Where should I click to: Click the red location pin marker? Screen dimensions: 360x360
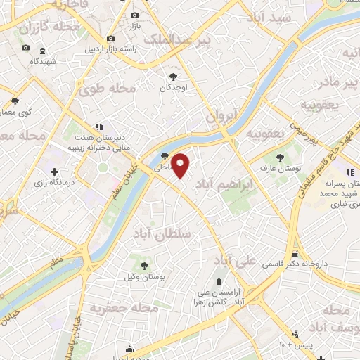click(x=181, y=165)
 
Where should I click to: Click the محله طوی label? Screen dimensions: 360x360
click(x=107, y=89)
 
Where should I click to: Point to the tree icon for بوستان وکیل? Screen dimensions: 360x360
click(x=144, y=266)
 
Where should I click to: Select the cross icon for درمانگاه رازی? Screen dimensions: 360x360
click(x=54, y=172)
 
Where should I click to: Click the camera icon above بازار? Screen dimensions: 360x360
click(x=135, y=15)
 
